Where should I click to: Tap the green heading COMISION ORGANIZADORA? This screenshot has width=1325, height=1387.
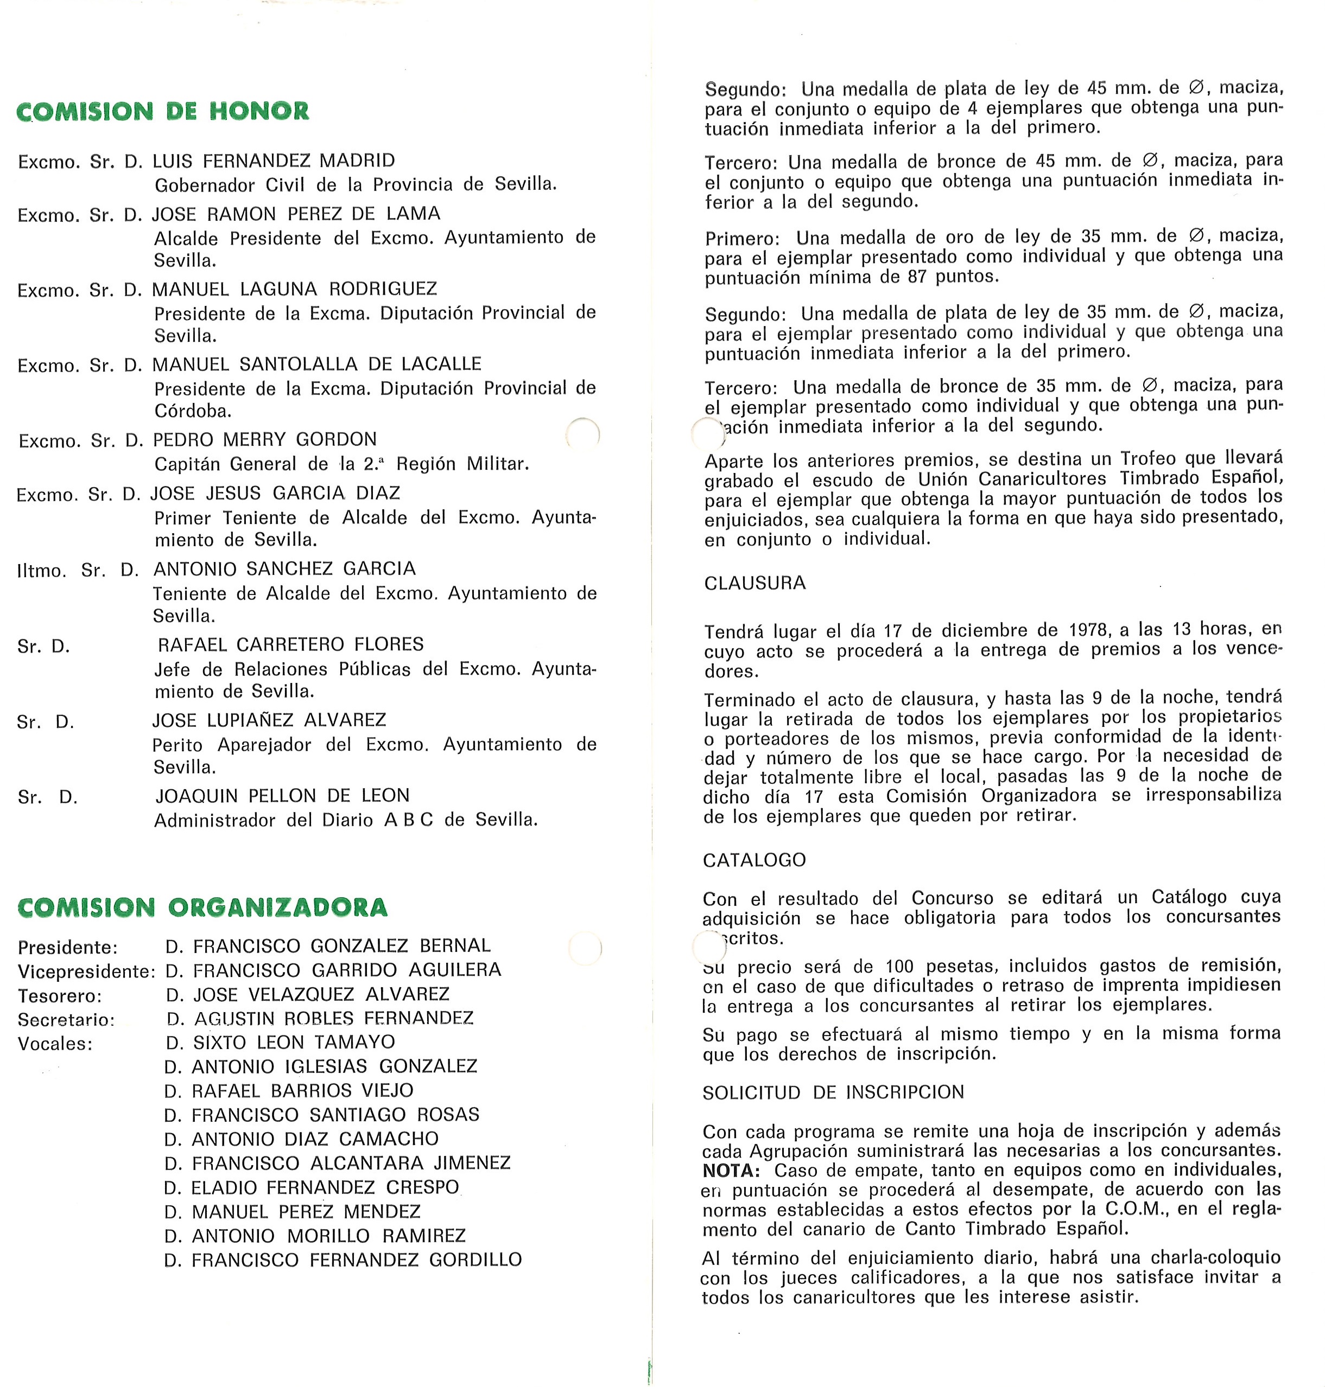tap(202, 907)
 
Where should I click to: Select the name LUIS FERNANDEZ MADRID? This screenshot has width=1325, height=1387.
tap(274, 161)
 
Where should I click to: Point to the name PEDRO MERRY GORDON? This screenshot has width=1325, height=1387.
tap(265, 440)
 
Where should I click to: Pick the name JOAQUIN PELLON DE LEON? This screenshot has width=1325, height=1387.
tap(282, 796)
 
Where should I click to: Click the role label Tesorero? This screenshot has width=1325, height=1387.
tap(60, 996)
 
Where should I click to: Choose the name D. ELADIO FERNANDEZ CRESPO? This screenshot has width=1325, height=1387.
tap(312, 1187)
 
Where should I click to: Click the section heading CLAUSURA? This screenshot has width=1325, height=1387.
tap(755, 583)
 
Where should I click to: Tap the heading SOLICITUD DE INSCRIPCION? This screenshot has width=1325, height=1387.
tap(833, 1092)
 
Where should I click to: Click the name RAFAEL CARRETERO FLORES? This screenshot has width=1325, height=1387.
tap(290, 644)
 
